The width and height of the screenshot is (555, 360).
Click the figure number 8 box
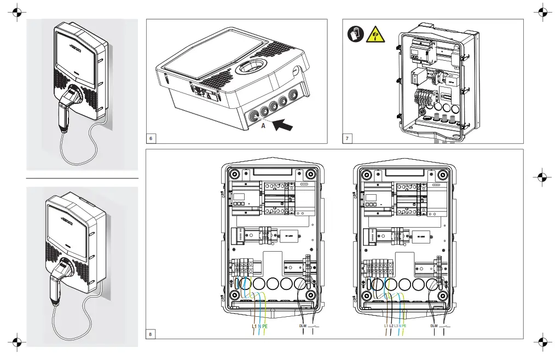(x=152, y=333)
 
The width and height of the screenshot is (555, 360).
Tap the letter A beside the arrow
(x=263, y=125)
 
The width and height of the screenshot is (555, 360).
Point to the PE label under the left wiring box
(x=265, y=326)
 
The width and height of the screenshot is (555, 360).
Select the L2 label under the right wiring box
(x=391, y=326)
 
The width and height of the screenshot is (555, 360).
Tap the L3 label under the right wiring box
(x=397, y=326)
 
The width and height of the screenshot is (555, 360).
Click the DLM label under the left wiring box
(x=303, y=326)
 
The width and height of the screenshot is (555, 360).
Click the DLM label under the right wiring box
(x=434, y=326)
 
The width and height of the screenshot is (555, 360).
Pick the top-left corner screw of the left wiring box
(x=234, y=176)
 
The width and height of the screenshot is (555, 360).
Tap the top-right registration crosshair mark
(x=542, y=11)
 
